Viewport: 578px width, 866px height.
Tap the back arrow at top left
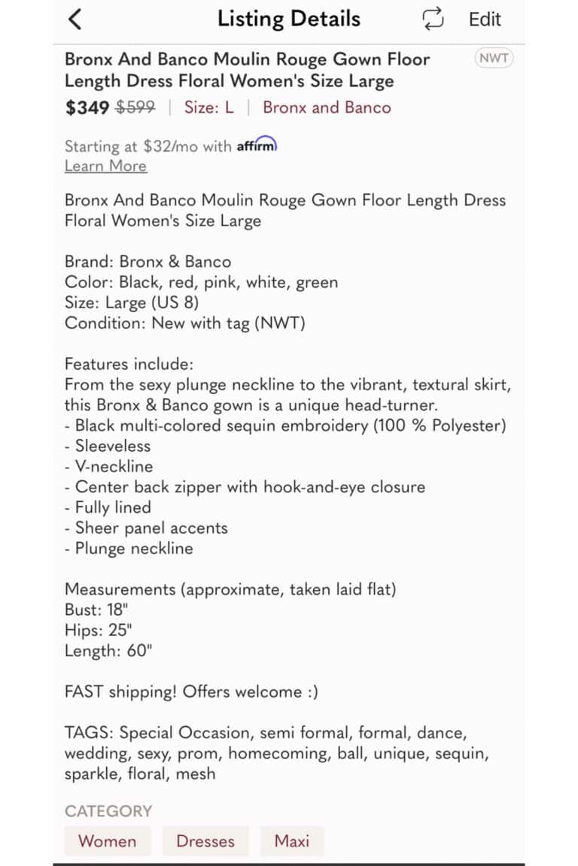tap(75, 20)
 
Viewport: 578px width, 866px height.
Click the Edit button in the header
tap(485, 20)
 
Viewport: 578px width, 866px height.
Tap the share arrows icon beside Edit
tap(433, 20)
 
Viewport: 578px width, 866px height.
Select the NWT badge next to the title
tap(494, 59)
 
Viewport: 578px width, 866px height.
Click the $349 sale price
tap(87, 107)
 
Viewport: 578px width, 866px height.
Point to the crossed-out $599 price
tap(135, 107)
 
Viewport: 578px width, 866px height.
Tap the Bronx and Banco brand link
tap(327, 107)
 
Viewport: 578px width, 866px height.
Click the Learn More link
tap(105, 166)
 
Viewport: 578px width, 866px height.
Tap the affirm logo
tap(257, 146)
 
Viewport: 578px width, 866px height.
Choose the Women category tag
tap(108, 841)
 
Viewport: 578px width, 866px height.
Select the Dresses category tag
tap(205, 841)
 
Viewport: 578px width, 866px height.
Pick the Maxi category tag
tap(292, 841)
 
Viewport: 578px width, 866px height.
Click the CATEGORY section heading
tap(108, 811)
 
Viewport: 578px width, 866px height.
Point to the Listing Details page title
tap(289, 20)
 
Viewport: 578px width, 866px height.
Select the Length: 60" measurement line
tap(108, 651)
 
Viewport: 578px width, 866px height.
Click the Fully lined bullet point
tap(108, 507)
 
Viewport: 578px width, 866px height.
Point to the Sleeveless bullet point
tap(108, 446)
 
